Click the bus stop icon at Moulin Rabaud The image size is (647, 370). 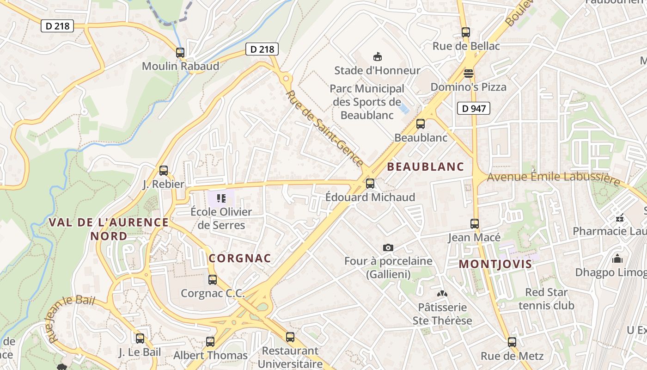[x=180, y=53]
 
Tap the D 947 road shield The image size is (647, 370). [x=474, y=108]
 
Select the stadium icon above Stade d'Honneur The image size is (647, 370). [x=378, y=57]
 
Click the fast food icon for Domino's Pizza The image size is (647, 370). [x=469, y=74]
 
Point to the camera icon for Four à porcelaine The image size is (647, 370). [x=388, y=248]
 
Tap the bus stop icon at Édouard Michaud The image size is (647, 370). [x=370, y=184]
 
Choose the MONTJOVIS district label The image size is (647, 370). [x=495, y=264]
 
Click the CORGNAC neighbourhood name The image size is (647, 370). [x=240, y=259]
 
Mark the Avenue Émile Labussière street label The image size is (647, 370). [x=553, y=178]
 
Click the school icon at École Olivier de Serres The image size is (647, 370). [x=221, y=198]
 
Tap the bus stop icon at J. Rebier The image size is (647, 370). [x=164, y=171]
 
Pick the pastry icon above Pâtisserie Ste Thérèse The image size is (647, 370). [x=442, y=294]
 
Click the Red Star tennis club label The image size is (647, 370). [x=546, y=299]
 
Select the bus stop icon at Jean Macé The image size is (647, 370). [x=475, y=224]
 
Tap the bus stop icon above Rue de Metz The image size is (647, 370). [x=512, y=342]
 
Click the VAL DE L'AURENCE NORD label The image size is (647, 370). [x=109, y=229]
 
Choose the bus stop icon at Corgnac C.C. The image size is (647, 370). [x=213, y=280]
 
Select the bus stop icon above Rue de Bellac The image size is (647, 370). [x=466, y=32]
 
